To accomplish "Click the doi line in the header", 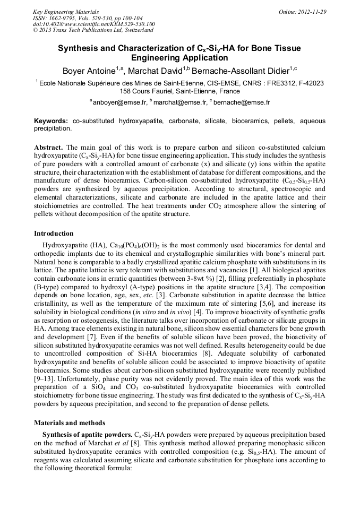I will (x=93, y=24).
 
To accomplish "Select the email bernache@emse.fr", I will (x=242, y=102).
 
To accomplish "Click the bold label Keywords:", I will (x=51, y=122).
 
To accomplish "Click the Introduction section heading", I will (x=54, y=234).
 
